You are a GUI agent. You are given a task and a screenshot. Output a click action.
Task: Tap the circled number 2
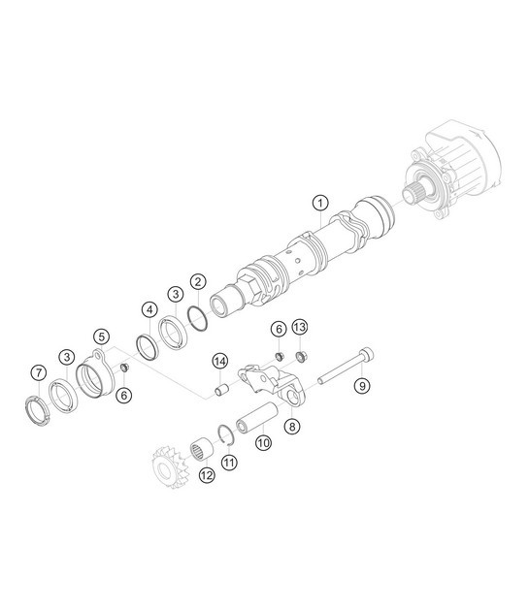point(197,281)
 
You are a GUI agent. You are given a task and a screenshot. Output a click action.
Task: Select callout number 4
point(149,310)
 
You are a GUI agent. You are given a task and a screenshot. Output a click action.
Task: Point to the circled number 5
point(100,337)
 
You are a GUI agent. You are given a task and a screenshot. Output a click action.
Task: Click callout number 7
point(38,372)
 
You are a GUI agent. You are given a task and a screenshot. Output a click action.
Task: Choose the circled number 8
point(292,426)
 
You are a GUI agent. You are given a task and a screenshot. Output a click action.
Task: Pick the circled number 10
point(262,442)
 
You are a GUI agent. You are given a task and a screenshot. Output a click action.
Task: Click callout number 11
point(229,463)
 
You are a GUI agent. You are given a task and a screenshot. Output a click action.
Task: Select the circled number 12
point(206,474)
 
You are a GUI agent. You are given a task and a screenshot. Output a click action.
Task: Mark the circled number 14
point(220,363)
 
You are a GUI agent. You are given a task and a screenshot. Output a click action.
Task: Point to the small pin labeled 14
point(220,391)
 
